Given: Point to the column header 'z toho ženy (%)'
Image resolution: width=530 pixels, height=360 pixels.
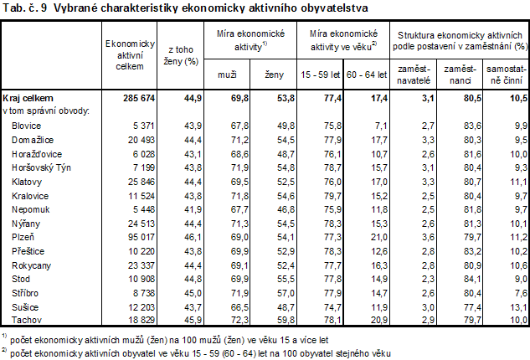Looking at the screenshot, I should [183, 55].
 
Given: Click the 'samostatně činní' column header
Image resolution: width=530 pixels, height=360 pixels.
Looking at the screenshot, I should [506, 69].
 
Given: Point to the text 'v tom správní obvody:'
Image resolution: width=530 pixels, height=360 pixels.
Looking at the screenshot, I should [47, 111].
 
